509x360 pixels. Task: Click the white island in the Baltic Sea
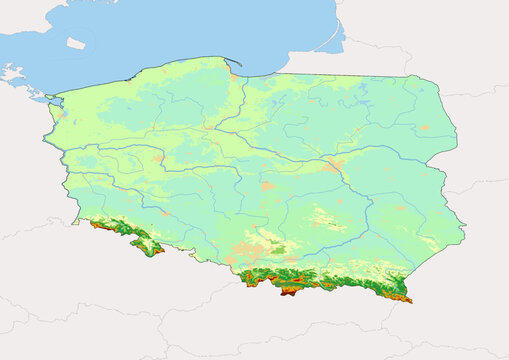point(76,43)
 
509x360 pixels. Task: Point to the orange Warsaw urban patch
point(334,165)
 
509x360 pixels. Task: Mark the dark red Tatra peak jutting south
point(289,291)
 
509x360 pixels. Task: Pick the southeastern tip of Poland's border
point(409,299)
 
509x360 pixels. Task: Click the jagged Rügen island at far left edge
point(11,73)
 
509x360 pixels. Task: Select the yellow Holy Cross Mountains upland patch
point(323,219)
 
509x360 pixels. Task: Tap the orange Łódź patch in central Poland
point(267,186)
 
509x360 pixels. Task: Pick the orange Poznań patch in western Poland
point(158,159)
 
